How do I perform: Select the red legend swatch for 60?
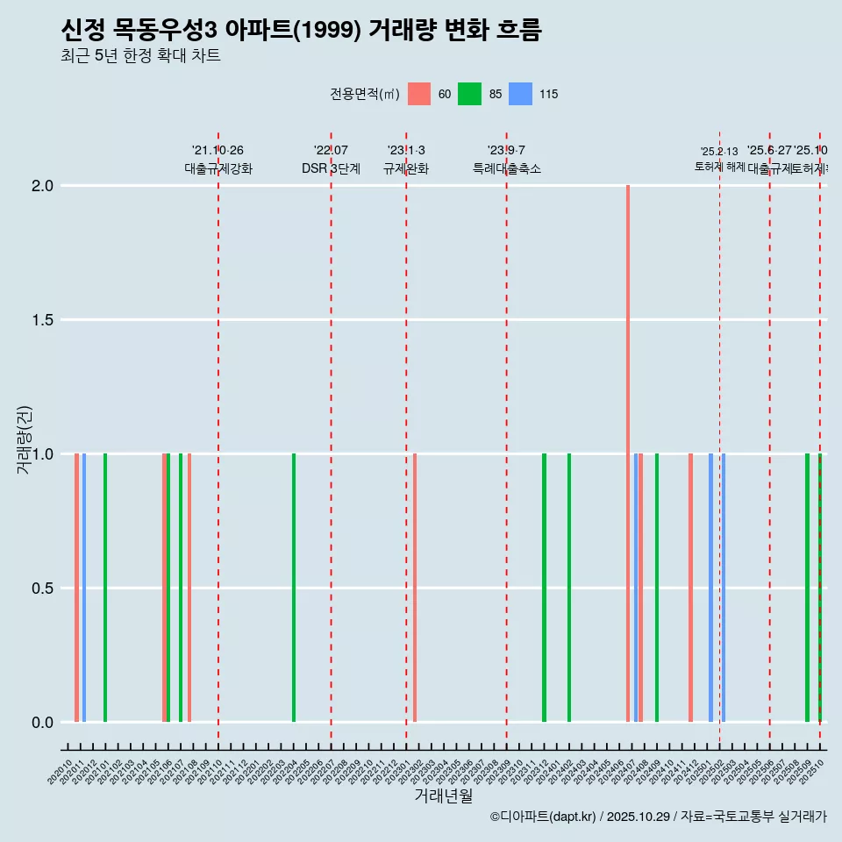(419, 94)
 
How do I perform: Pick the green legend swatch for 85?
(470, 94)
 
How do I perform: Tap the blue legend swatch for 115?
(521, 94)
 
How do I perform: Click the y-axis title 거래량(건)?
(25, 439)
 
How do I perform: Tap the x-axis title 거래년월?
(443, 796)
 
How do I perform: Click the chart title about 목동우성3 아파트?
(301, 31)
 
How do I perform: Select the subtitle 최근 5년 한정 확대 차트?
(140, 56)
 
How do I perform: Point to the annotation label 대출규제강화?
(218, 168)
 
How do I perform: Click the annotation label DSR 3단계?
(331, 168)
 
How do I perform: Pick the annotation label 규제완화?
(406, 168)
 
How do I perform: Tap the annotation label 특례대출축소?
(507, 168)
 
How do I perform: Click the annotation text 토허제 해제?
(719, 166)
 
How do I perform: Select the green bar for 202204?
(294, 588)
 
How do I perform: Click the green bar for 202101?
(105, 588)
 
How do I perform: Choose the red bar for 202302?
(415, 588)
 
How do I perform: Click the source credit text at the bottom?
(658, 817)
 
